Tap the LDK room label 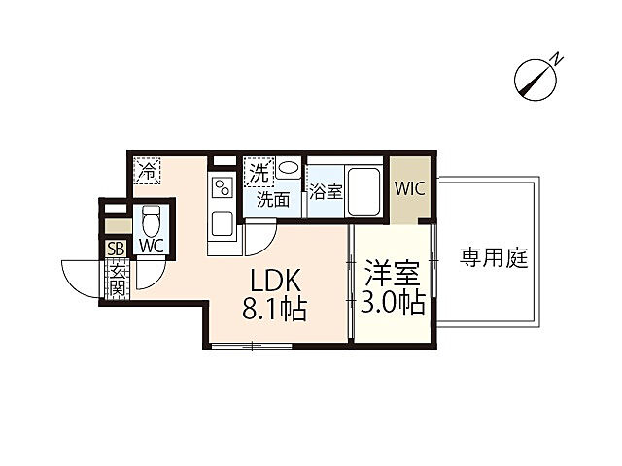point(279,283)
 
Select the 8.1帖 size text point(275,311)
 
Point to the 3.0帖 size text point(393,303)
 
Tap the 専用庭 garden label point(493,259)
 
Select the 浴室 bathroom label point(326,192)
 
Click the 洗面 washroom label point(272,200)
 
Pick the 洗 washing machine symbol point(259,174)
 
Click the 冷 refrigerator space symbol point(148,172)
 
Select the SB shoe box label point(116,249)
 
